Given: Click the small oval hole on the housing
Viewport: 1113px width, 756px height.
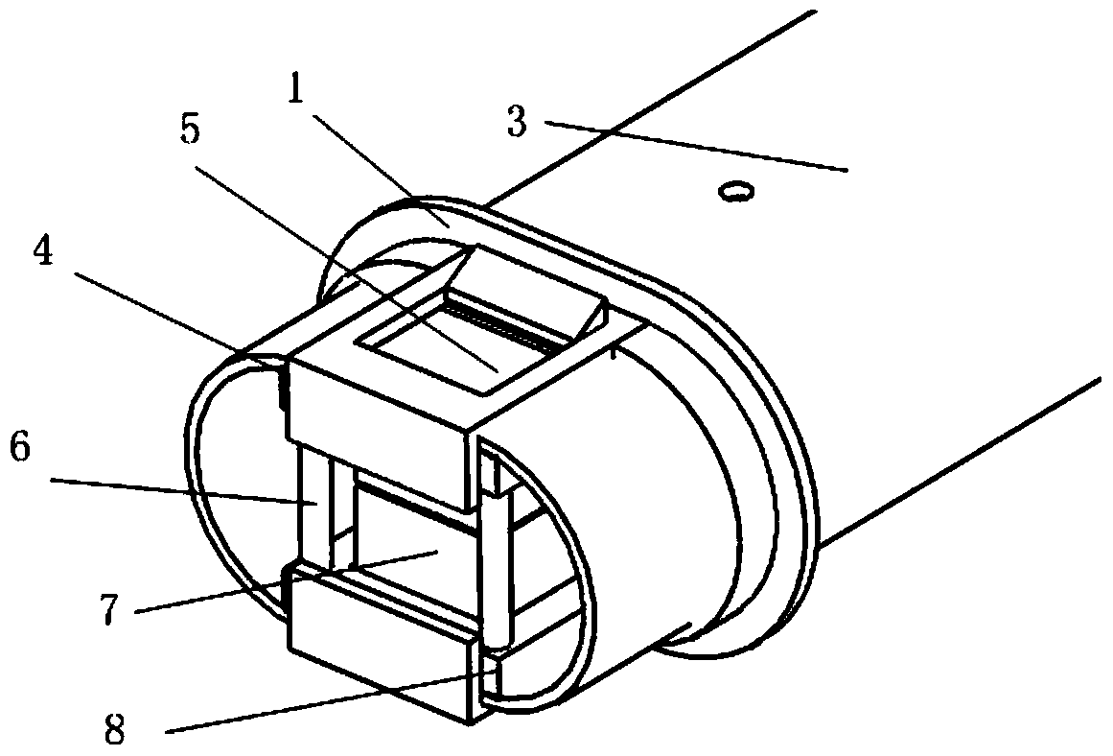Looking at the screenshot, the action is pyautogui.click(x=736, y=193).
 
